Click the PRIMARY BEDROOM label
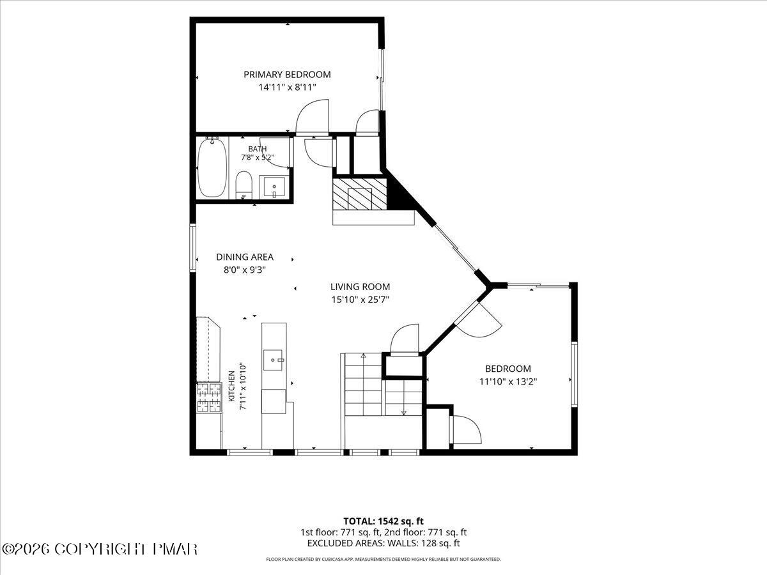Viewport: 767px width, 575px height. point(287,75)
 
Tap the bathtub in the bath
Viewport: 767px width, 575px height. point(212,168)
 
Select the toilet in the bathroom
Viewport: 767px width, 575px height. point(244,185)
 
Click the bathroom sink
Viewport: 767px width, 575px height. point(274,187)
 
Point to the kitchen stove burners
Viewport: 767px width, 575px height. point(209,397)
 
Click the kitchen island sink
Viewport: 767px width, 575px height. point(272,360)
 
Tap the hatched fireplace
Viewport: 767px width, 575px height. point(360,194)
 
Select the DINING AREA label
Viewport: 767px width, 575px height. point(245,257)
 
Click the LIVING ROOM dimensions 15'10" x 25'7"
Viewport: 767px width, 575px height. point(360,300)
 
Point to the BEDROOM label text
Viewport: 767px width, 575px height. point(507,369)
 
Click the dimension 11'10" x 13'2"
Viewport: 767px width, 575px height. point(507,381)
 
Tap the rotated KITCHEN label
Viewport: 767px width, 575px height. point(231,386)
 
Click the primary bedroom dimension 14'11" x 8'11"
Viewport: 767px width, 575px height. point(287,88)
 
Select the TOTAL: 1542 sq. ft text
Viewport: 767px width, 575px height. point(383,521)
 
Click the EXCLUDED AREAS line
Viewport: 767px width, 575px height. point(383,543)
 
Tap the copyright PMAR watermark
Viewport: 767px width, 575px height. point(99,549)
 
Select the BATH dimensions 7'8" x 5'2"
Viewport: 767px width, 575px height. point(257,157)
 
